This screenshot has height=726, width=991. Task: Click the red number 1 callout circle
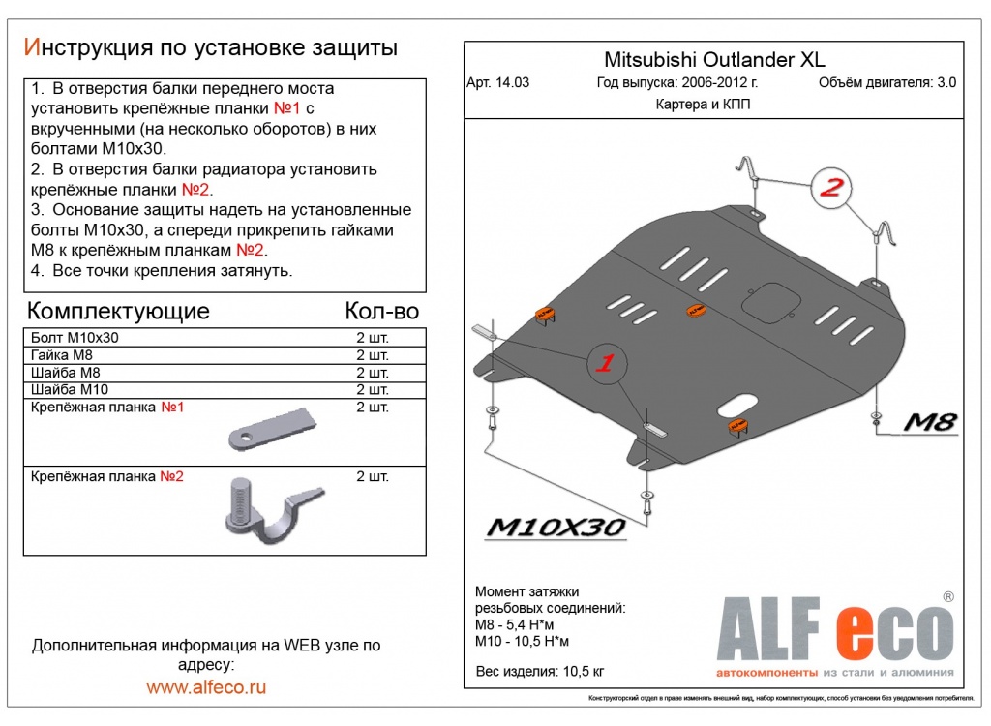(605, 364)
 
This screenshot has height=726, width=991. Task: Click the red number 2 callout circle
(830, 189)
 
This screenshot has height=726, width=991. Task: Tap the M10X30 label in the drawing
(556, 527)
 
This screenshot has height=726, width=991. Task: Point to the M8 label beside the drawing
(930, 421)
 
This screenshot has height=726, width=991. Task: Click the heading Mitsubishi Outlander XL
(715, 59)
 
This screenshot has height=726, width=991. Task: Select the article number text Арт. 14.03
(497, 82)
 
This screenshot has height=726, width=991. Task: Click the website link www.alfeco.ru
(206, 687)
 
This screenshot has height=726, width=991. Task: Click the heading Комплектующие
(118, 311)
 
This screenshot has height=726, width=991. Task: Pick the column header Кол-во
(381, 311)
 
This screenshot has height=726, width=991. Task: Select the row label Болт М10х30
(75, 338)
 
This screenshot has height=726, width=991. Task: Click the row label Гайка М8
(65, 355)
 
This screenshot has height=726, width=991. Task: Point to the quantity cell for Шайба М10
(373, 389)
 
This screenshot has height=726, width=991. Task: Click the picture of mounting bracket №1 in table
(272, 427)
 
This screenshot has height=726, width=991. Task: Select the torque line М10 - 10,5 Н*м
(523, 642)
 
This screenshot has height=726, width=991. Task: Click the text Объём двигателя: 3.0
(886, 82)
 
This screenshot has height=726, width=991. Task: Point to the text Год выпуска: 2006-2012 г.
(677, 82)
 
